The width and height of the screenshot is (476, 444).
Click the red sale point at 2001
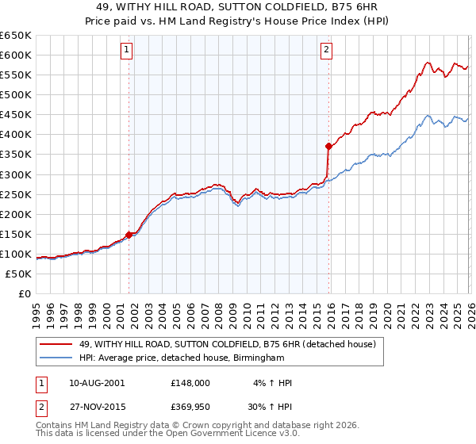tap(129, 234)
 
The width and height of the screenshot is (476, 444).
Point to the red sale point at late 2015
tap(328, 146)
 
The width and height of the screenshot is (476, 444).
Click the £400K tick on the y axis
tap(16, 134)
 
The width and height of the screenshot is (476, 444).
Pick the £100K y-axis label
tap(16, 254)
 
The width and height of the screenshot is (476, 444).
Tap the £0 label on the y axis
tap(24, 293)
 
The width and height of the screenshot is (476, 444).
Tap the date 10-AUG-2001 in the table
tap(97, 382)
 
